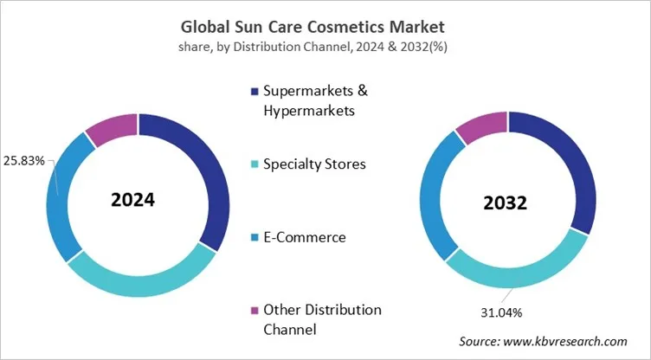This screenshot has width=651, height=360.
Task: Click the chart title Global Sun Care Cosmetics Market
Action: [x=325, y=26]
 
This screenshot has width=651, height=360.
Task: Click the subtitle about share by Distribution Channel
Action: [x=325, y=46]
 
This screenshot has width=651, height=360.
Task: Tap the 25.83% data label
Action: [x=27, y=161]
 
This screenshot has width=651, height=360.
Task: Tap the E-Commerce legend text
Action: [x=304, y=236]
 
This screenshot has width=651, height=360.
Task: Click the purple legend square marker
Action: [x=254, y=310]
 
